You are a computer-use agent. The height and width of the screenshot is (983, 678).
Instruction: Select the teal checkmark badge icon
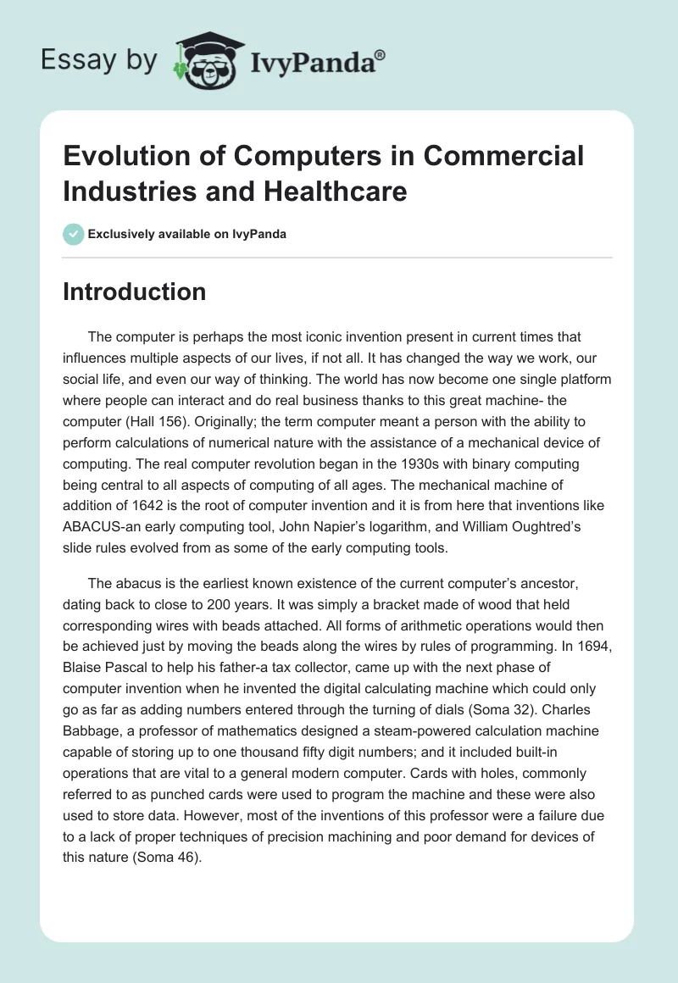[x=74, y=234]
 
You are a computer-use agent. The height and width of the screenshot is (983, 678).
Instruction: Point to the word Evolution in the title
[x=121, y=156]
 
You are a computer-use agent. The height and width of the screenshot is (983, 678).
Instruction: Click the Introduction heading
[x=135, y=292]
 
